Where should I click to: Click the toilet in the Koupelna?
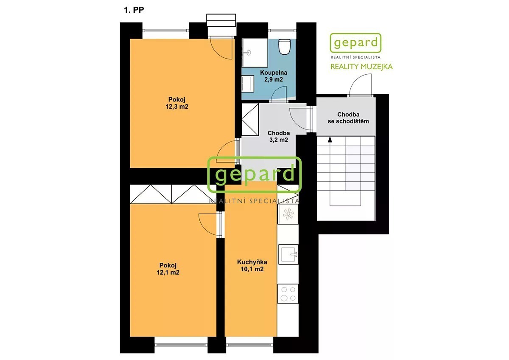285,47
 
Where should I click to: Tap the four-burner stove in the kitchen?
288,294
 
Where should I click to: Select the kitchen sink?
288,254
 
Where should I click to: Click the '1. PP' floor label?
134,10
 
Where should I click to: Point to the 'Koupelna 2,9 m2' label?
273,76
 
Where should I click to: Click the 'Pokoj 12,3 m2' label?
177,103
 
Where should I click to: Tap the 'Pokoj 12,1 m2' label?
168,269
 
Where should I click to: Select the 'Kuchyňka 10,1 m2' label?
252,265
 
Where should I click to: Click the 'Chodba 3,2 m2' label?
279,136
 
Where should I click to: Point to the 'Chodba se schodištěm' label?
348,118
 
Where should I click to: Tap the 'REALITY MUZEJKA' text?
361,67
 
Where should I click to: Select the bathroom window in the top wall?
282,30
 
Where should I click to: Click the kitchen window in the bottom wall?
249,345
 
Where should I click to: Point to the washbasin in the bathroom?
249,53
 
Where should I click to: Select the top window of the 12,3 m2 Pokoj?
165,31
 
